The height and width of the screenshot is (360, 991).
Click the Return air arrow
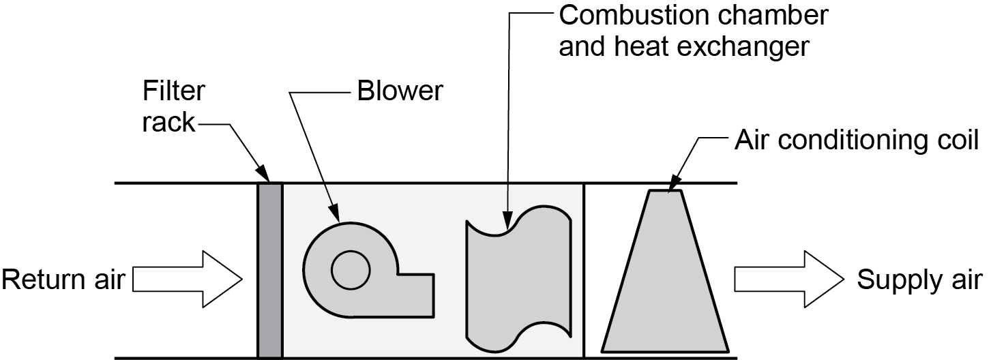tap(188, 279)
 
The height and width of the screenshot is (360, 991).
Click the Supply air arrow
tap(788, 279)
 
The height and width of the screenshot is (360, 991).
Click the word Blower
tap(400, 91)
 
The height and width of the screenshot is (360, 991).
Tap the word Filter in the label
tap(174, 91)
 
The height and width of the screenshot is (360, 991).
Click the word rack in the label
tap(169, 124)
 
